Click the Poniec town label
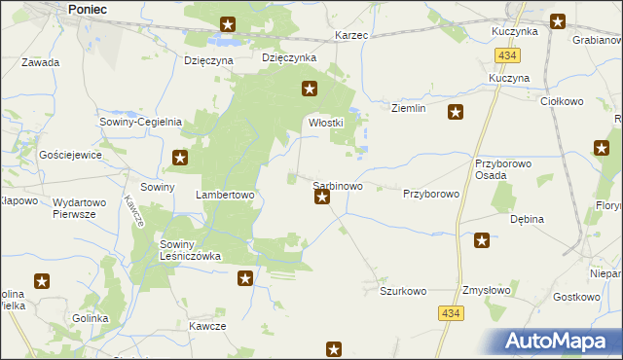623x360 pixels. [x=89, y=8]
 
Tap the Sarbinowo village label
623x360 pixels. [x=338, y=185]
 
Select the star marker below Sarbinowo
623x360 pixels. [x=322, y=198]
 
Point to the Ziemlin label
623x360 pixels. [x=409, y=108]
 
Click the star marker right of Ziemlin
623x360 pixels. [x=455, y=113]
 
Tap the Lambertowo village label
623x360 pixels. [x=225, y=195]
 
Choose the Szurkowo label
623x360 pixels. [x=404, y=291]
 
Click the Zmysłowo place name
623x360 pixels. [x=488, y=291]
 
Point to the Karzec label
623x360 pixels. [x=351, y=35]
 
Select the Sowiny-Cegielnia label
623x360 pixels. [x=141, y=122]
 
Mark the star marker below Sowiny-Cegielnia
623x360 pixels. [x=180, y=157]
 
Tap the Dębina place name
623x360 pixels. [x=527, y=219]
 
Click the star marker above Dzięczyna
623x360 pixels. [x=227, y=24]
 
